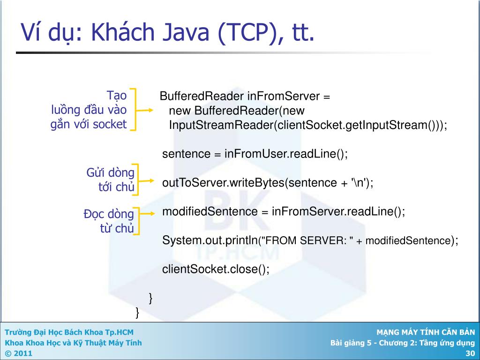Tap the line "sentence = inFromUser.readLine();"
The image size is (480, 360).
[255, 154]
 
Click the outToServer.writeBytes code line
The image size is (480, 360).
[268, 182]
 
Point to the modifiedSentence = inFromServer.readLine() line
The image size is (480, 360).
[283, 211]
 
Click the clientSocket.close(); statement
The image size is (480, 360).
[216, 270]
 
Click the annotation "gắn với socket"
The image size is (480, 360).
[89, 124]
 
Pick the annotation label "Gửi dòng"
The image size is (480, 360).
[111, 172]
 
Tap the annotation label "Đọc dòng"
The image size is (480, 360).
[109, 214]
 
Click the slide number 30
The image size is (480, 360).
[470, 353]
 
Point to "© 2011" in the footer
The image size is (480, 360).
[19, 353]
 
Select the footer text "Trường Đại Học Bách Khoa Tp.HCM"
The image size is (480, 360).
[69, 332]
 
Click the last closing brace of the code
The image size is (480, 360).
[137, 311]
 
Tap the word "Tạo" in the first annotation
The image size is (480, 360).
[117, 96]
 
